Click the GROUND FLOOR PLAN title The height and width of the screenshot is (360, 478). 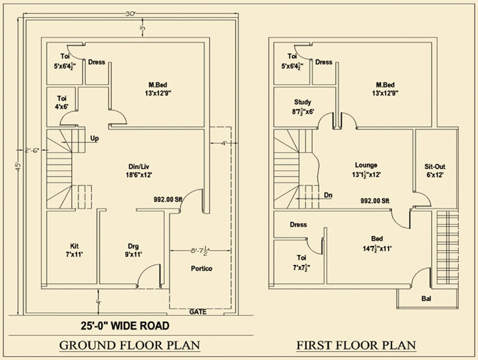130,345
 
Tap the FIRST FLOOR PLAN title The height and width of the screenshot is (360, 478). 356,345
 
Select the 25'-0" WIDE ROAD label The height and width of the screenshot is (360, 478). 125,326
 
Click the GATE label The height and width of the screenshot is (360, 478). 198,312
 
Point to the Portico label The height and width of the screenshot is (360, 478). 202,269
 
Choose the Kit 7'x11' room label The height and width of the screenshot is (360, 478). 74,251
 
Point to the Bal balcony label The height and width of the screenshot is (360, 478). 425,298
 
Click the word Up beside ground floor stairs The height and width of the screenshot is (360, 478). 94,139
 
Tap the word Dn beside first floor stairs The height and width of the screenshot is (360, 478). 328,195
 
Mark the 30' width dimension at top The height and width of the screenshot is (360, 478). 130,14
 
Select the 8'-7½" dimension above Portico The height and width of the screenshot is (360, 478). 201,251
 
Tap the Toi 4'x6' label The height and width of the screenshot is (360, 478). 62,102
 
